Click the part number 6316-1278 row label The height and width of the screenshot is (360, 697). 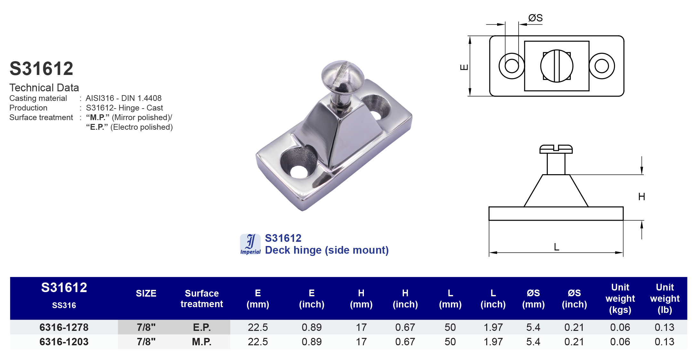click(x=64, y=327)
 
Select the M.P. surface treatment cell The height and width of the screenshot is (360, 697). click(x=201, y=342)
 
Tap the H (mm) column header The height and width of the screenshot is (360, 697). click(x=361, y=299)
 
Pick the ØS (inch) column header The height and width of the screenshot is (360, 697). click(x=574, y=299)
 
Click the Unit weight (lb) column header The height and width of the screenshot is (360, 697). click(x=664, y=298)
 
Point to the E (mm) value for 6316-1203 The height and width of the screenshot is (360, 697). click(x=258, y=342)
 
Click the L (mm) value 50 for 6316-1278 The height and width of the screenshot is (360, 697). click(x=450, y=327)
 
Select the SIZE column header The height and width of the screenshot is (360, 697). click(x=146, y=293)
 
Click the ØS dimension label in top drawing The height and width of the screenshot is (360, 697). click(x=535, y=18)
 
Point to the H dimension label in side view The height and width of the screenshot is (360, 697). click(x=641, y=197)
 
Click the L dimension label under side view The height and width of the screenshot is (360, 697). click(x=556, y=247)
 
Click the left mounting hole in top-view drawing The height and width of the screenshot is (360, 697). click(x=512, y=66)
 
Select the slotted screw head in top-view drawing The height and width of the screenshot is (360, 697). click(x=557, y=66)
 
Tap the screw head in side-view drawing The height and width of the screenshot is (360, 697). click(x=556, y=149)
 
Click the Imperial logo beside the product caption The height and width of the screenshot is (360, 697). click(x=250, y=244)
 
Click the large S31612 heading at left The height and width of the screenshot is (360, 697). click(x=41, y=69)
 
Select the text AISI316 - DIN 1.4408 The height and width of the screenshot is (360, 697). click(x=124, y=98)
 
